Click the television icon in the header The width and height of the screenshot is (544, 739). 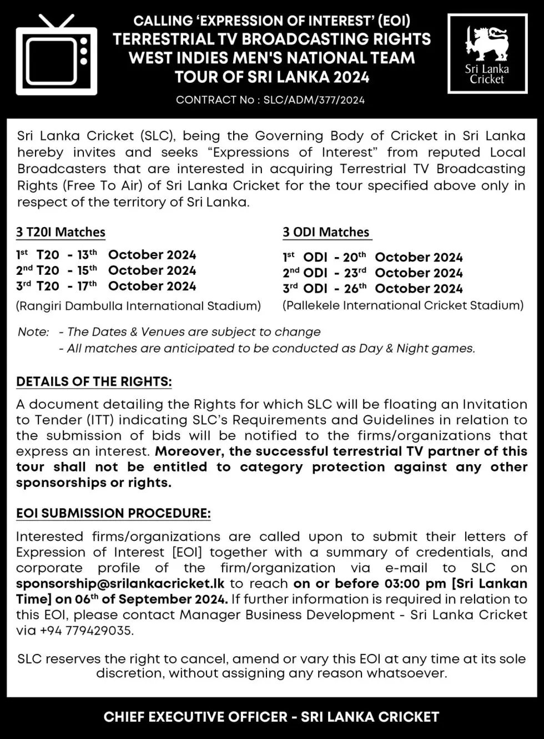tap(56, 55)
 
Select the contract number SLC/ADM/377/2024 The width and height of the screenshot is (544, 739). tap(314, 100)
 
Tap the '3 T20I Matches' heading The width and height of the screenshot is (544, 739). tap(61, 232)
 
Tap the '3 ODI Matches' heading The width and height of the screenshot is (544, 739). tap(326, 232)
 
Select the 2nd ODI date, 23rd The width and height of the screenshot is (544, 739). tap(355, 273)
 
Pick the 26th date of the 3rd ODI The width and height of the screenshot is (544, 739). tap(355, 288)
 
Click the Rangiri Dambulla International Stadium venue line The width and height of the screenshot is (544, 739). tap(138, 306)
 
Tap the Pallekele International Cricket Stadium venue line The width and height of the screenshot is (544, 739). tap(403, 305)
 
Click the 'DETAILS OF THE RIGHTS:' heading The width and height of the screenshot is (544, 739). tap(94, 382)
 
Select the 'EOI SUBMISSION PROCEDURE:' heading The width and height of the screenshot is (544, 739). tap(113, 513)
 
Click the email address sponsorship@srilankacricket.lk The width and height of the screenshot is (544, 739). tap(120, 584)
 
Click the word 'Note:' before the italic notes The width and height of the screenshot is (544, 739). tap(33, 332)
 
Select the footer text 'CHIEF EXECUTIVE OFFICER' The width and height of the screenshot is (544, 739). tap(197, 717)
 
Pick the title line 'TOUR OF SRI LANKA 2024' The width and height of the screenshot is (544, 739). tap(272, 77)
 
